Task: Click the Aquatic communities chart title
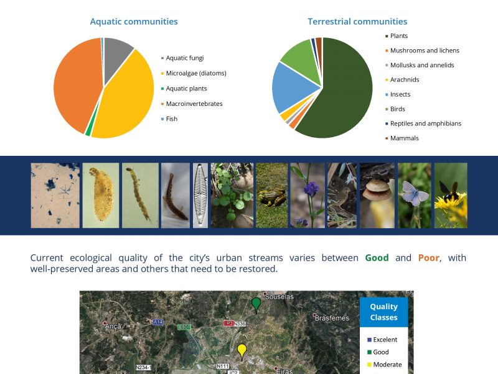coord(134,21)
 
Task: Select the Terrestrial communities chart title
coord(357,21)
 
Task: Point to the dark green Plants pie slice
coord(346,92)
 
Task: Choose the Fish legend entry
coord(169,119)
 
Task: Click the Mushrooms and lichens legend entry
coord(423,50)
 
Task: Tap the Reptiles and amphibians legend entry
coord(423,123)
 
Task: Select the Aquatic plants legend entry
coord(184,89)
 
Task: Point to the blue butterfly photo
coord(415,196)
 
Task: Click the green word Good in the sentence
coord(377,257)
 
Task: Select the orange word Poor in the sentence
coord(428,257)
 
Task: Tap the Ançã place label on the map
coord(113,326)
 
